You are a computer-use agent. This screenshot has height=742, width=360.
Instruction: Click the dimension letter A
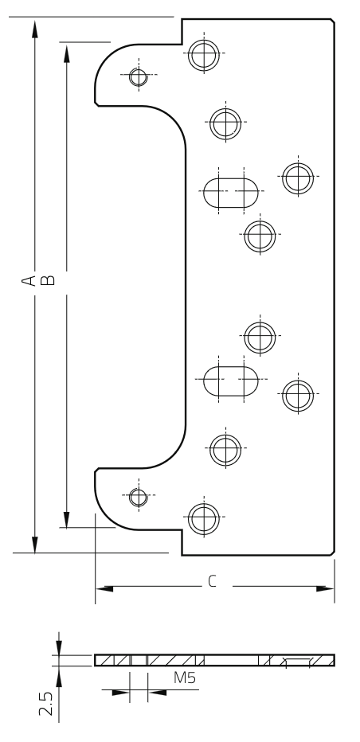point(29,280)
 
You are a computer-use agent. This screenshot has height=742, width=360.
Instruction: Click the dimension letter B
point(48,280)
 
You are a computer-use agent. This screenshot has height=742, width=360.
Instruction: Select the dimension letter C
point(212,582)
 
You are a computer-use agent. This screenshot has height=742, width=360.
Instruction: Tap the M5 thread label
point(184,678)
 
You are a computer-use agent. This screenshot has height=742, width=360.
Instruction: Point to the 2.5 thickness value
point(45,704)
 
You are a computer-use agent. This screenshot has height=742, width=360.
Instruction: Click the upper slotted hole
point(231,193)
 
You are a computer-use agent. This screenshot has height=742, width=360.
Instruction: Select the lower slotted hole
point(231,381)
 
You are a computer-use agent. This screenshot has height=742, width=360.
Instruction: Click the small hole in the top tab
point(139,77)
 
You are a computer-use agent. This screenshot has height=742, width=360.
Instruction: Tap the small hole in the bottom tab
point(139,498)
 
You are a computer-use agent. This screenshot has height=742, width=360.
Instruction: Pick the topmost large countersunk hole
point(204,56)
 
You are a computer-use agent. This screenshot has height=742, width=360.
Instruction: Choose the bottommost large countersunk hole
point(204,519)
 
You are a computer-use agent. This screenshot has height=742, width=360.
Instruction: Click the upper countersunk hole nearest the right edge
point(298,178)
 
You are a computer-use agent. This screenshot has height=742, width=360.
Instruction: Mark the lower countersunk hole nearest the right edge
point(298,395)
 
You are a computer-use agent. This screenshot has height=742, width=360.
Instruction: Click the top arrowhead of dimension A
point(34,29)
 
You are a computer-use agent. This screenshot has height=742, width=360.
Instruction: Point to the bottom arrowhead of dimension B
point(66,520)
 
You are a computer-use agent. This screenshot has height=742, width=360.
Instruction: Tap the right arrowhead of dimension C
point(325,588)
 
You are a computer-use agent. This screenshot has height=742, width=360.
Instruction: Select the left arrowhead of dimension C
point(104,588)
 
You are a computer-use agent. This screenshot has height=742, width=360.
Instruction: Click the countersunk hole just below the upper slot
point(260,236)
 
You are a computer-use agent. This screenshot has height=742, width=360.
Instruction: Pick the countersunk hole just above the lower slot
point(260,338)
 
